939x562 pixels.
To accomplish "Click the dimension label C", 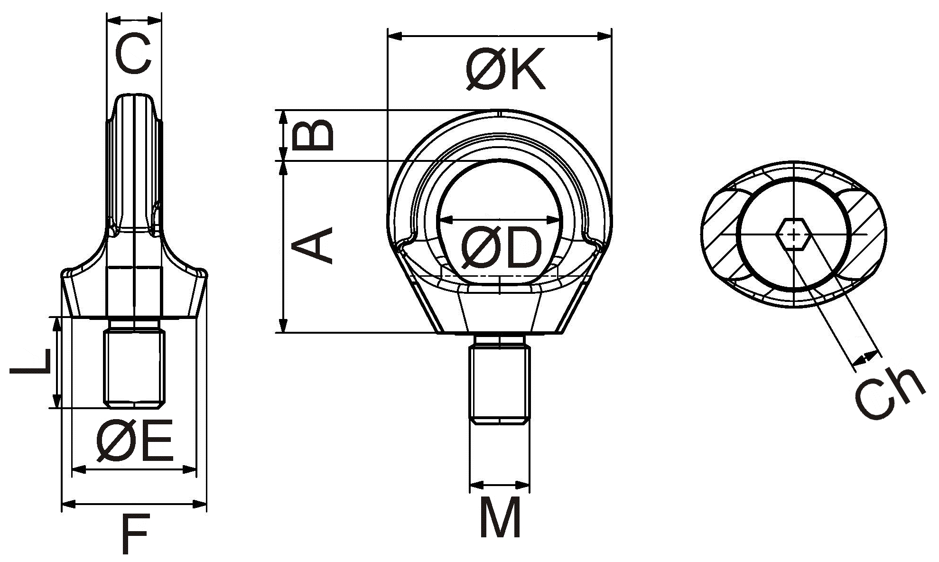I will (134, 54).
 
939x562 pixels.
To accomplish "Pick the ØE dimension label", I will (135, 441).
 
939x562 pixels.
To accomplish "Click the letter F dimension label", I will (135, 534).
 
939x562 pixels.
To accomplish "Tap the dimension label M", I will (500, 517).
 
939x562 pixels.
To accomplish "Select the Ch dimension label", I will (889, 393).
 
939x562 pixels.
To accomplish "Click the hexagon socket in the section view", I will (792, 234).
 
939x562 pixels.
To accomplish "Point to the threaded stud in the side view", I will (135, 368).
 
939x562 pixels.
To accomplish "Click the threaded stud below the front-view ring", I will (500, 384).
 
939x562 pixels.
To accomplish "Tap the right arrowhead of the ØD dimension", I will (555, 220).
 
